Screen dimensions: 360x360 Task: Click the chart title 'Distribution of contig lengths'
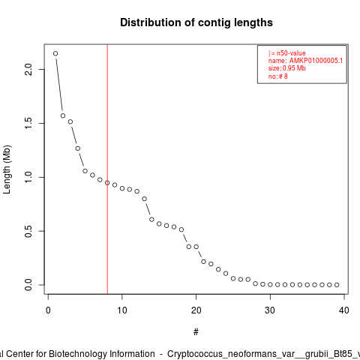(x=196, y=22)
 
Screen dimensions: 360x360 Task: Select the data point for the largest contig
(x=55, y=53)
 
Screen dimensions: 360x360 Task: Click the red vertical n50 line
(x=107, y=169)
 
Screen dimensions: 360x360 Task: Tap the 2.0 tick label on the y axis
(x=28, y=69)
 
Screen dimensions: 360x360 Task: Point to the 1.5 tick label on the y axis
(x=28, y=123)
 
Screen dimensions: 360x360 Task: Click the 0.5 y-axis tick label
(x=28, y=231)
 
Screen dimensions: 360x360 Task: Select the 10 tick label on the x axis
(x=122, y=310)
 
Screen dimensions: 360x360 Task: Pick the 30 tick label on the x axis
(x=270, y=310)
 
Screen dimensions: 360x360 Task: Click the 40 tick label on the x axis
(x=344, y=310)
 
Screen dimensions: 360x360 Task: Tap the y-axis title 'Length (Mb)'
(x=7, y=169)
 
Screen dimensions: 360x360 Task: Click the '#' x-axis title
(x=196, y=332)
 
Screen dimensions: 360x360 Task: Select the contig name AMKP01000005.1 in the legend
(x=316, y=61)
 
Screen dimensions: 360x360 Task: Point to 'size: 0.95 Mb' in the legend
(x=287, y=68)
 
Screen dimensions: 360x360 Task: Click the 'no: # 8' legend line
(x=278, y=76)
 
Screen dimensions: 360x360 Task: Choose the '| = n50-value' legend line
(x=287, y=53)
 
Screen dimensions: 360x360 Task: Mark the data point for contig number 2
(x=63, y=115)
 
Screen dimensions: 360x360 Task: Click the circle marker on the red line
(x=107, y=183)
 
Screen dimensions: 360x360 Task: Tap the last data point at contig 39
(x=337, y=285)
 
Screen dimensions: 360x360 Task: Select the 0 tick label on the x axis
(x=48, y=310)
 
